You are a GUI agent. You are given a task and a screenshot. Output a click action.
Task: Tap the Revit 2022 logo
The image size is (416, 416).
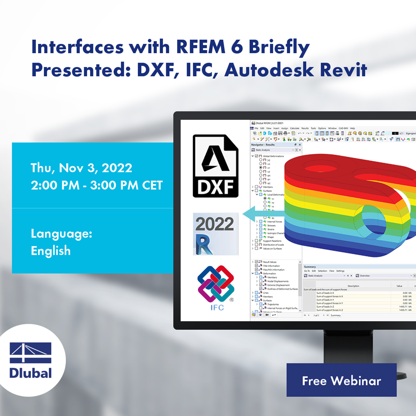214,235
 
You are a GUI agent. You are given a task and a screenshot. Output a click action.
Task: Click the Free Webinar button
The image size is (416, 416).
341,381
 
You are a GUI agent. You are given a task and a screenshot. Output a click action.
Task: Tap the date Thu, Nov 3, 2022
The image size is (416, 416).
81,168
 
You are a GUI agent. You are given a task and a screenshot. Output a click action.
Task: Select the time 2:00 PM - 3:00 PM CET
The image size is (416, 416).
97,185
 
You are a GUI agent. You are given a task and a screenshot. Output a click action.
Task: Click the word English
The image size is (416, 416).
51,251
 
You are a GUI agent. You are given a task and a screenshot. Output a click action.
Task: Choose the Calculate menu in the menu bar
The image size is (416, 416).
295,128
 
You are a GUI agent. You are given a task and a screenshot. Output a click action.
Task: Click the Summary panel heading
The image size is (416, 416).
310,267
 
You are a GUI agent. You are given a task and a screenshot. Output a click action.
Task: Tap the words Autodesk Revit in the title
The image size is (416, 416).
296,70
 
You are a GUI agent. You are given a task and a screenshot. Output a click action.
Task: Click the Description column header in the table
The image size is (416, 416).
353,286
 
